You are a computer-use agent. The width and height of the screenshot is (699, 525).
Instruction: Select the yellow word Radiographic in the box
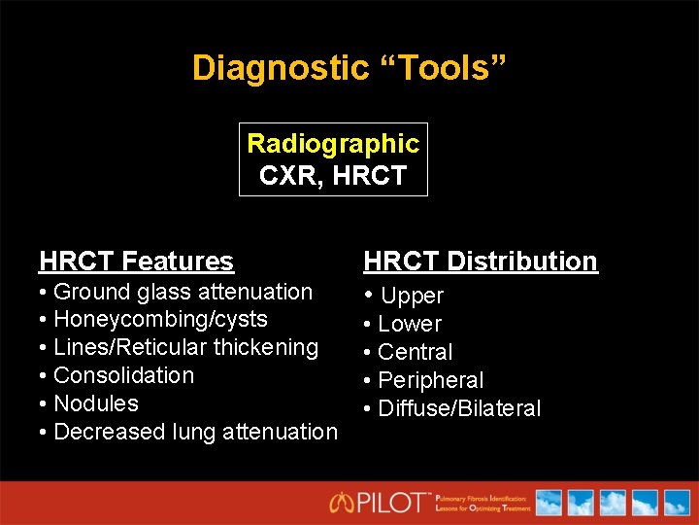tap(333, 144)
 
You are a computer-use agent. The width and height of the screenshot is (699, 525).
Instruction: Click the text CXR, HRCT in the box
tap(333, 177)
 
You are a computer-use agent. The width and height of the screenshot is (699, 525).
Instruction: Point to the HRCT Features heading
tap(136, 261)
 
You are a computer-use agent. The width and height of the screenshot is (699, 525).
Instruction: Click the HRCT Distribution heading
tap(481, 261)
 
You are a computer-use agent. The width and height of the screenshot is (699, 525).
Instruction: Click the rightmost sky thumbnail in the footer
tap(675, 502)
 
